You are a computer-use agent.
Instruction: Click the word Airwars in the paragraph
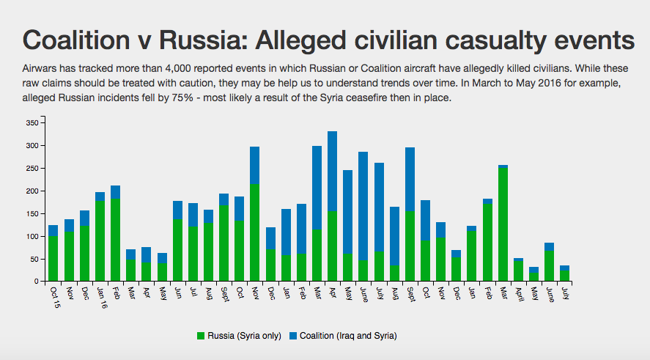[42, 67]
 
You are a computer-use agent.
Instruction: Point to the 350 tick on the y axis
[31, 123]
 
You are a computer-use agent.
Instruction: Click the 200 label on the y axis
[31, 191]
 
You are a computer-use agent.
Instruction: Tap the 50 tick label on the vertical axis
[33, 260]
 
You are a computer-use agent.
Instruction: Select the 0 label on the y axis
[35, 282]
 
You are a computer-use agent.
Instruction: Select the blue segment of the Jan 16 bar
[100, 196]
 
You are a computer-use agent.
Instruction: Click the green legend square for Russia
[200, 336]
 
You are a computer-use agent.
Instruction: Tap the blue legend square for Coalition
[294, 336]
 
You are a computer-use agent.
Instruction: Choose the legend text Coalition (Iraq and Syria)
[348, 336]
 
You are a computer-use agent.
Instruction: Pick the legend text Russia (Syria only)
[243, 336]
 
